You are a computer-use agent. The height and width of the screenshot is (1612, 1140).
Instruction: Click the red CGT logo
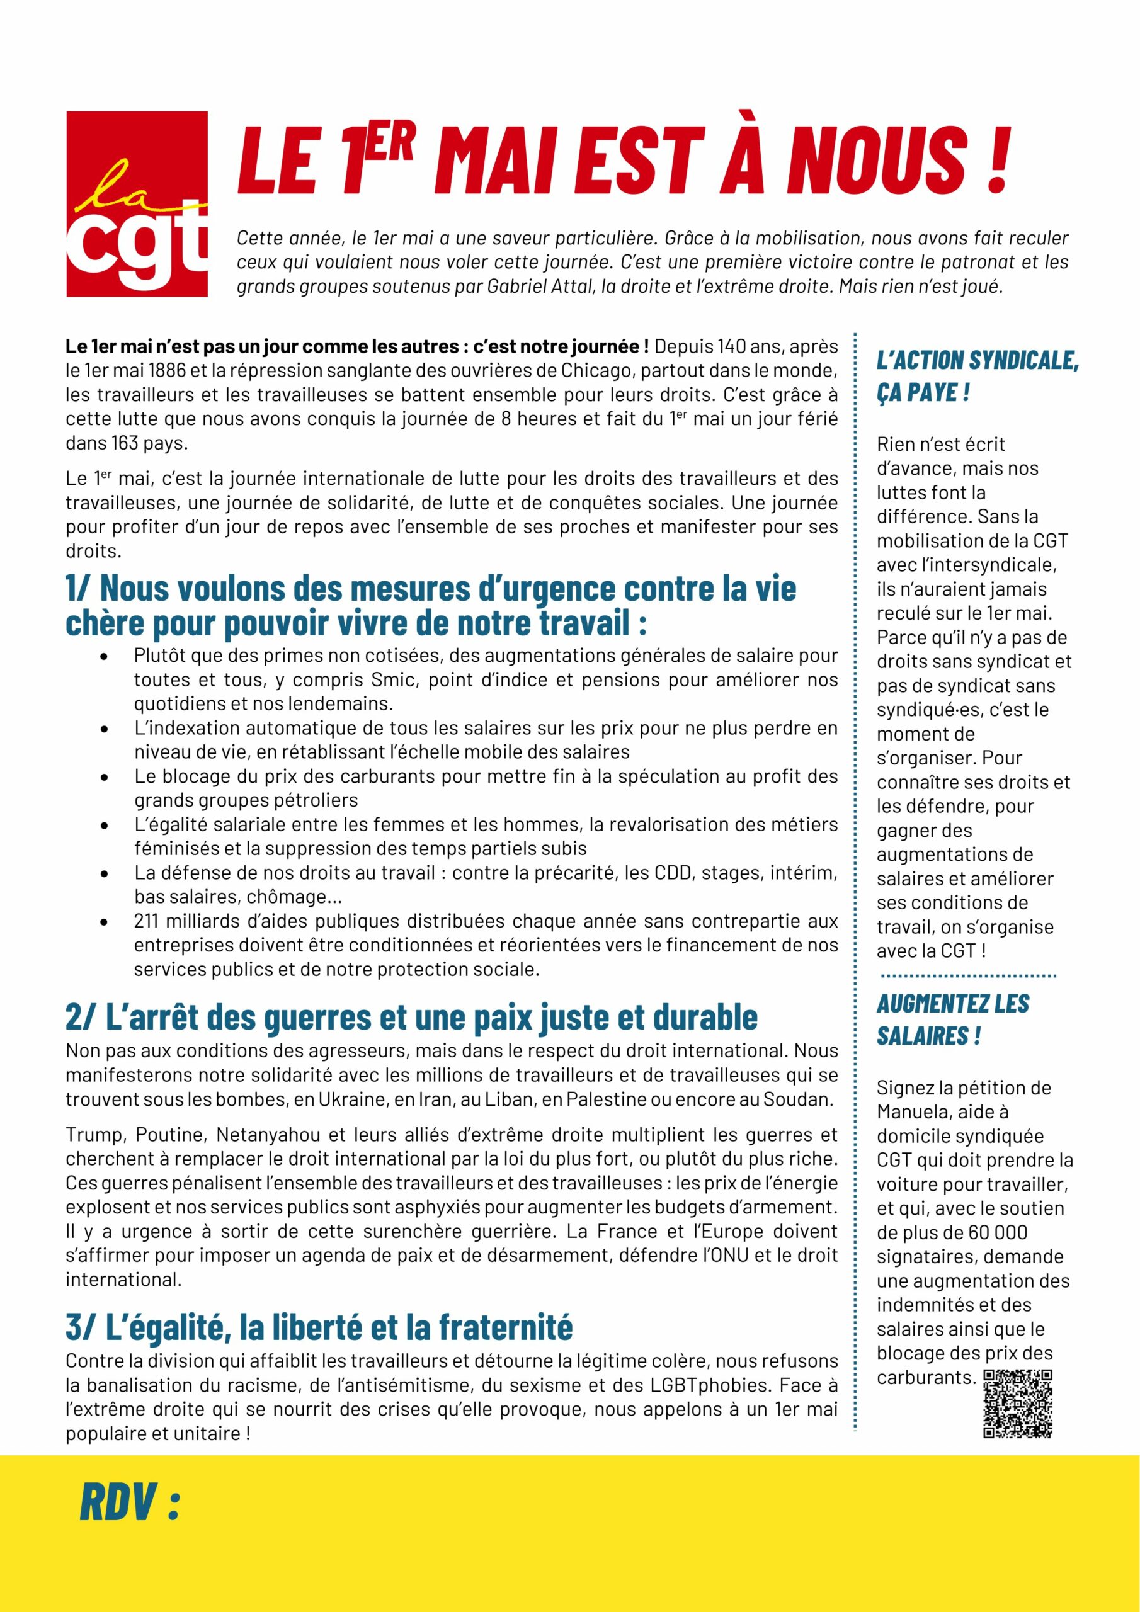pyautogui.click(x=137, y=203)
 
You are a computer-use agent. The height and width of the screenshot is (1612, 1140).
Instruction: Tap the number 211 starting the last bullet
pyautogui.click(x=147, y=921)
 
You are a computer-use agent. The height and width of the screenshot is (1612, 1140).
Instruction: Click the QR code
pyautogui.click(x=1018, y=1403)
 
